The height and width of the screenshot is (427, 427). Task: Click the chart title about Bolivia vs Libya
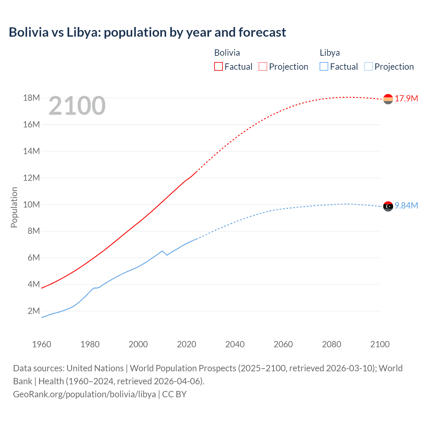[147, 32]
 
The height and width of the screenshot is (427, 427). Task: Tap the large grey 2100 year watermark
[77, 106]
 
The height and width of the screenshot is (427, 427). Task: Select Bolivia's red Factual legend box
[218, 66]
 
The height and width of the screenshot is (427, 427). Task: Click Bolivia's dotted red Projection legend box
[263, 66]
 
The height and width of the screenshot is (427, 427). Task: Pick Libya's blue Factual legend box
[324, 66]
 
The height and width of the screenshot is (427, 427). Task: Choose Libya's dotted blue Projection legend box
[368, 66]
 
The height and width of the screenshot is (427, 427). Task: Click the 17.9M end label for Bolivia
[406, 99]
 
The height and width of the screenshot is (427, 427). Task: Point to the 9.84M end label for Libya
[406, 206]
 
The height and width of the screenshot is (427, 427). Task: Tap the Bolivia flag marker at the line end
[388, 99]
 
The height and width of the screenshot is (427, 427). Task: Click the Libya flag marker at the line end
[388, 206]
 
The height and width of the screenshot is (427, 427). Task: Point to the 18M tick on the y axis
[31, 98]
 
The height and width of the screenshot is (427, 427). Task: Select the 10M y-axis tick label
[31, 204]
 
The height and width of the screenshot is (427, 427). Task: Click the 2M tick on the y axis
[33, 311]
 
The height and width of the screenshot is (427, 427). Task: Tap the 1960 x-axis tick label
[42, 344]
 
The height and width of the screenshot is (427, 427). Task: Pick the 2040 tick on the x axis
[235, 344]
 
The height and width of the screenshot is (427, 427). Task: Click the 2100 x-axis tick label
[380, 344]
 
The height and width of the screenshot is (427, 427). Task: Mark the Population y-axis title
[14, 207]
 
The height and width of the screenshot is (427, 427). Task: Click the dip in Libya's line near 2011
[167, 255]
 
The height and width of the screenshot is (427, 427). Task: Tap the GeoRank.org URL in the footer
[84, 394]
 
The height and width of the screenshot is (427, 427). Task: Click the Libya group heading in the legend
[330, 53]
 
